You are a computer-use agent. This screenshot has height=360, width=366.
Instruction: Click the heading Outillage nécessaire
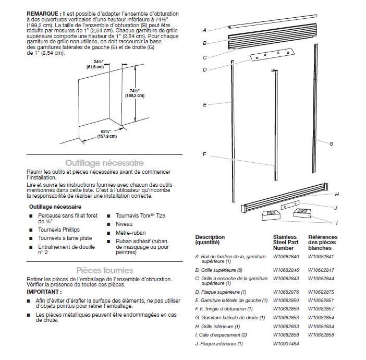coord(104,163)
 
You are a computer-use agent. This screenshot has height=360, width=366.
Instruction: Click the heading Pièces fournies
coord(104,270)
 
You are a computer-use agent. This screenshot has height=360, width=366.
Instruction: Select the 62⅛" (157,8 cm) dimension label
coord(107,134)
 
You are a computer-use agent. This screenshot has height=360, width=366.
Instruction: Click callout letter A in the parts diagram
coord(205,30)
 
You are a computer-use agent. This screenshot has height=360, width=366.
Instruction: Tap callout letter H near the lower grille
coord(337,194)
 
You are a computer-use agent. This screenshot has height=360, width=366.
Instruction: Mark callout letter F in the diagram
coord(204,154)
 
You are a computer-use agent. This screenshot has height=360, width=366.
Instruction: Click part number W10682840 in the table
coord(286,256)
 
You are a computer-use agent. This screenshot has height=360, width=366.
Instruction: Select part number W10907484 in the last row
coord(286,344)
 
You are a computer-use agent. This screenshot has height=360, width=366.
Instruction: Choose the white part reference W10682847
coord(321,270)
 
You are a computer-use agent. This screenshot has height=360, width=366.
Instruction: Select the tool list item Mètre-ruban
coord(131,232)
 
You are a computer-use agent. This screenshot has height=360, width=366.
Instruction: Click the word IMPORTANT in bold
coord(42,292)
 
